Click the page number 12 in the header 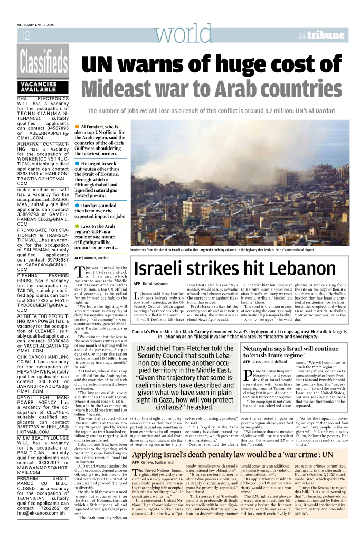24,36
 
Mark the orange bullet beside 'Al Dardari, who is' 77,127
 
